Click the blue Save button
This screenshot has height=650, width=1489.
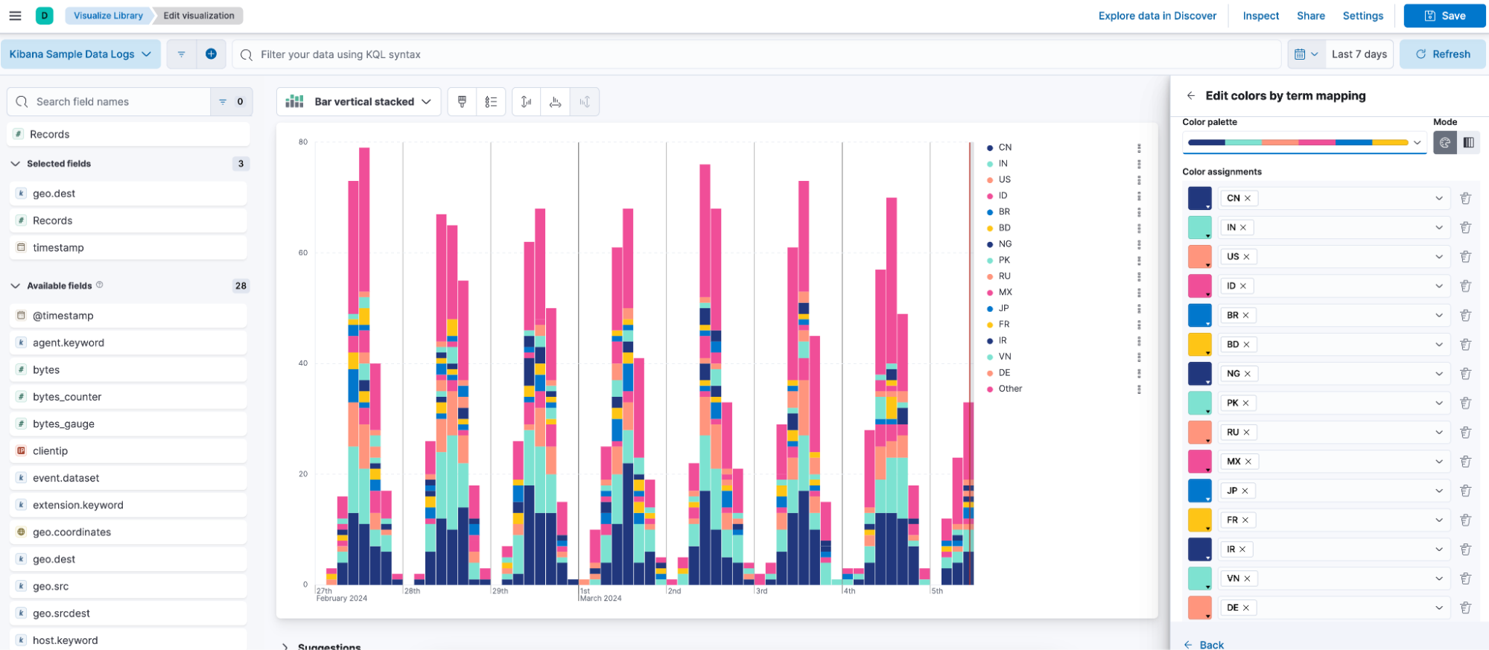(x=1444, y=16)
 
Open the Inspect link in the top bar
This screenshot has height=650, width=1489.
(x=1260, y=16)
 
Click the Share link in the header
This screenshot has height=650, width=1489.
(x=1310, y=16)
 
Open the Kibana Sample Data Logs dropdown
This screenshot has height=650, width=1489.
(x=80, y=54)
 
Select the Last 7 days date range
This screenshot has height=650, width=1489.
(x=1359, y=54)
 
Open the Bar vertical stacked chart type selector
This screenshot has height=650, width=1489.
(x=358, y=102)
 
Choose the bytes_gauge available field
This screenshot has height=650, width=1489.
(x=63, y=424)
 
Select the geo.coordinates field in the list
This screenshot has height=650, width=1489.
(x=72, y=532)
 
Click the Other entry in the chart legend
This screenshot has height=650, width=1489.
(x=1009, y=389)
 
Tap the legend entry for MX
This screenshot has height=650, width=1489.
(x=1005, y=293)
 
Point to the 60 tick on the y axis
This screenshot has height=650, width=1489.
(x=303, y=252)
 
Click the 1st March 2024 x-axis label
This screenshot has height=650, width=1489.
(x=600, y=594)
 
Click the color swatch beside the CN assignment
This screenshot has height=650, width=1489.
(x=1199, y=198)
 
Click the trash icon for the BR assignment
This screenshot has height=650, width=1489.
(x=1465, y=315)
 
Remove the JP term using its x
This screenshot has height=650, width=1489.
(x=1245, y=491)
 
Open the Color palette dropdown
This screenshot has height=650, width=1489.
(x=1304, y=142)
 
